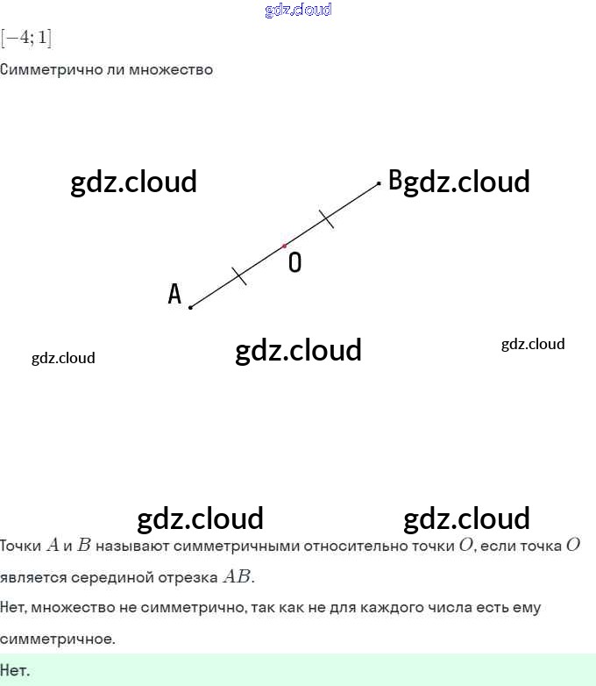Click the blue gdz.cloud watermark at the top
[298, 10]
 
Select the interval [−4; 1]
[26, 39]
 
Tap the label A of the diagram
[174, 294]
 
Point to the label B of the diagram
[395, 181]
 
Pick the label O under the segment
[294, 262]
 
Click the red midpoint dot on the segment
[284, 246]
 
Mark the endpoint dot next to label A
[190, 307]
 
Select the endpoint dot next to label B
[379, 183]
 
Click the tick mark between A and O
[239, 276]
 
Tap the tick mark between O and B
[326, 218]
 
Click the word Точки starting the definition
[20, 546]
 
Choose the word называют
[132, 546]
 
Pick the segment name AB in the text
[237, 577]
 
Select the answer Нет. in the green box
[15, 671]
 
